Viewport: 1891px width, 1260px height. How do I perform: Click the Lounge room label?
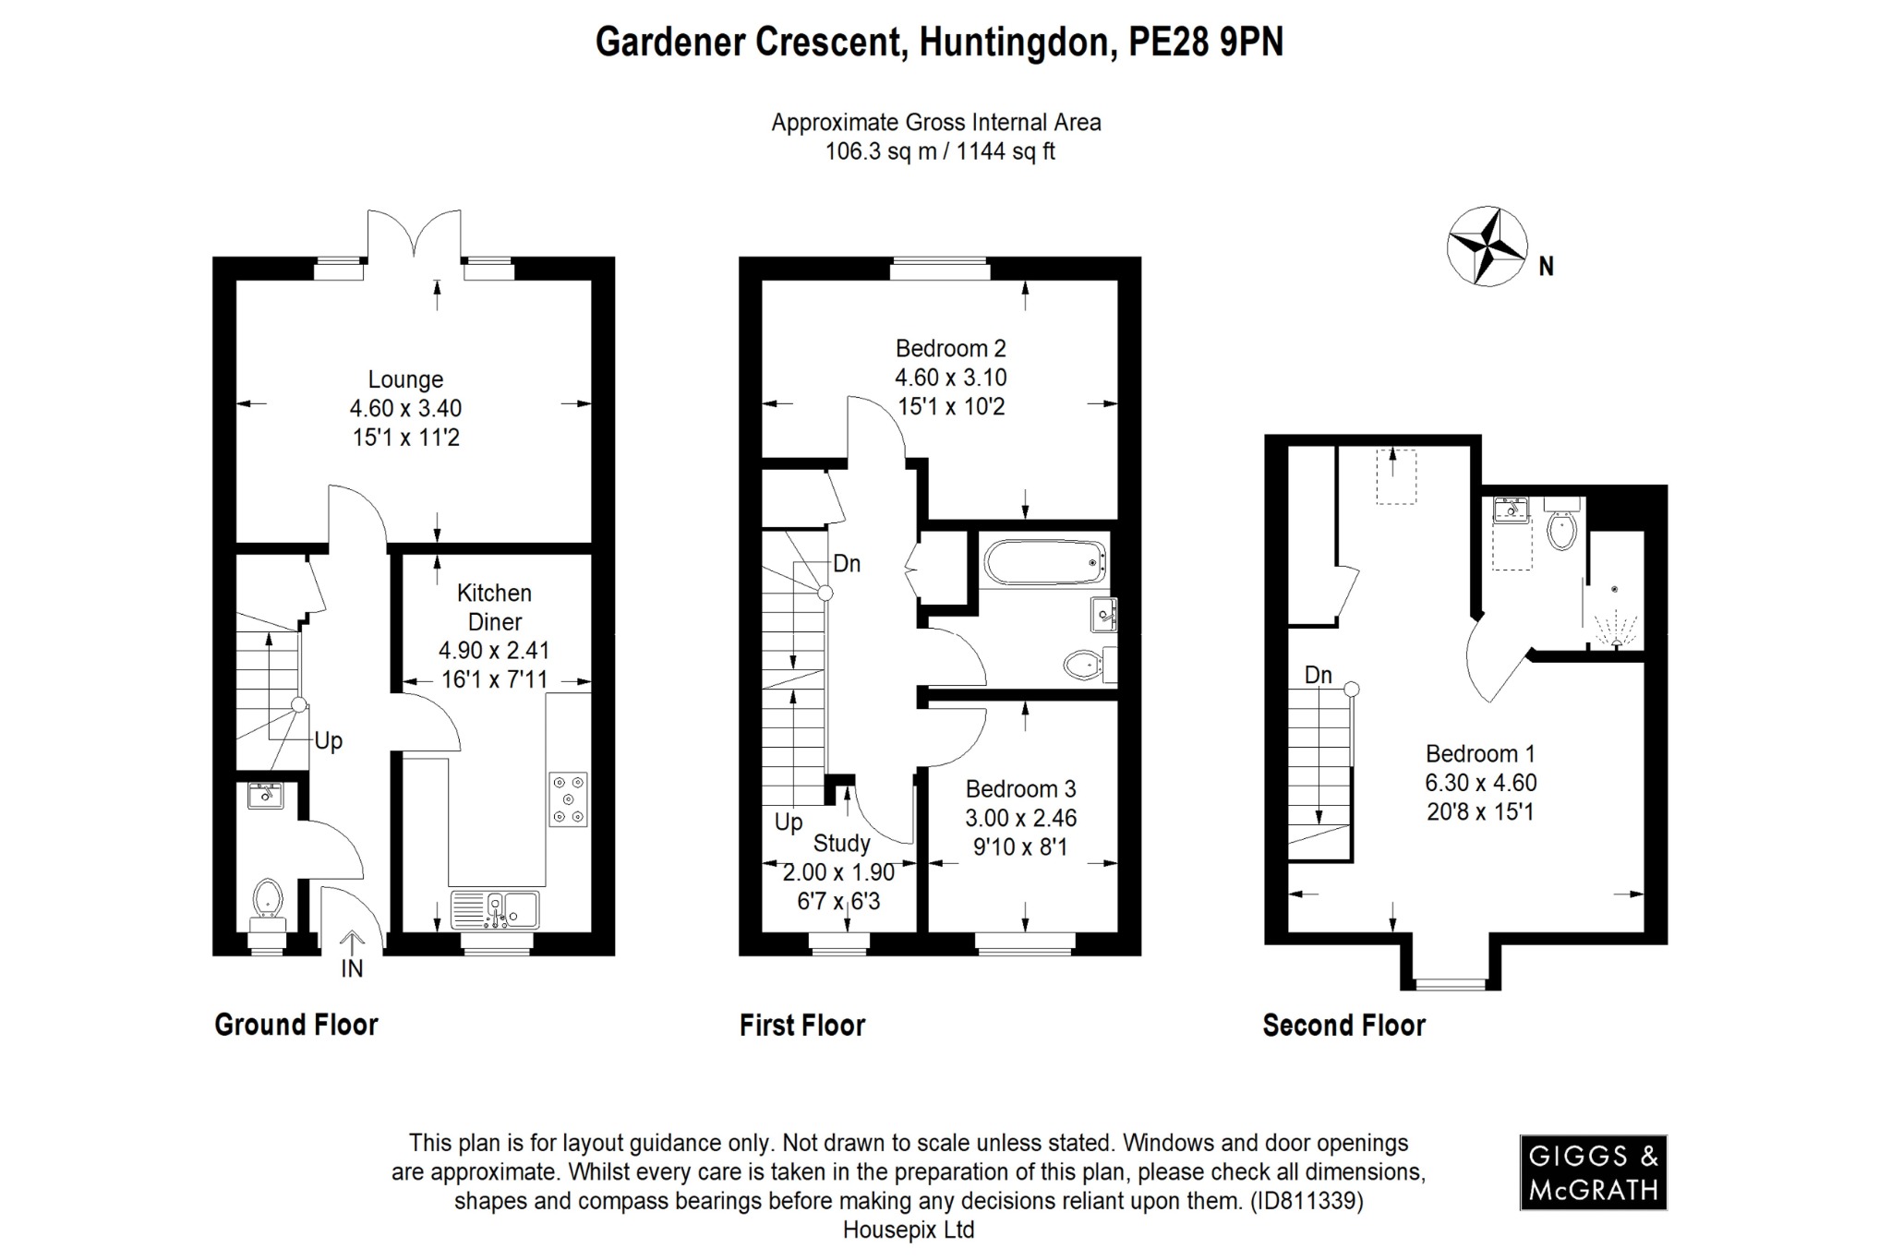(x=405, y=379)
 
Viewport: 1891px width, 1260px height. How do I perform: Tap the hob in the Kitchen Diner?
(x=568, y=798)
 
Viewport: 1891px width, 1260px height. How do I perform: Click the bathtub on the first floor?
(x=1045, y=561)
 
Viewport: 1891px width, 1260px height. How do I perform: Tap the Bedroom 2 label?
(x=950, y=349)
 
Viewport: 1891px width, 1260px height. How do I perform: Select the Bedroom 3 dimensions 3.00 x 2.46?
(x=1021, y=818)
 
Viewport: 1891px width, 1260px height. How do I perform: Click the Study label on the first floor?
(x=841, y=843)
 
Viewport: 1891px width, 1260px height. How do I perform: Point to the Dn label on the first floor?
(x=847, y=563)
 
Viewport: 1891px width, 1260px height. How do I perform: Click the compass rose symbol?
(x=1486, y=246)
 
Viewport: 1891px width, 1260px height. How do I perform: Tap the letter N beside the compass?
(x=1547, y=267)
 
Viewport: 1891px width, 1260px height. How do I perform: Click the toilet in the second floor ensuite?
(x=1561, y=529)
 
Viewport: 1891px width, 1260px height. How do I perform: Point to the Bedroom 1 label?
(x=1480, y=753)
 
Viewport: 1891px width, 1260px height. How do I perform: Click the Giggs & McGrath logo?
(x=1593, y=1171)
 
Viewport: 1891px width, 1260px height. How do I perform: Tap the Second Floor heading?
(x=1343, y=1025)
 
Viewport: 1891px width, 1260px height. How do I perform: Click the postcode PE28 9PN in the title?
(x=1206, y=42)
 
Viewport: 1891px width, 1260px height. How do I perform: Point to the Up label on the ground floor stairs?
(x=329, y=740)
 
